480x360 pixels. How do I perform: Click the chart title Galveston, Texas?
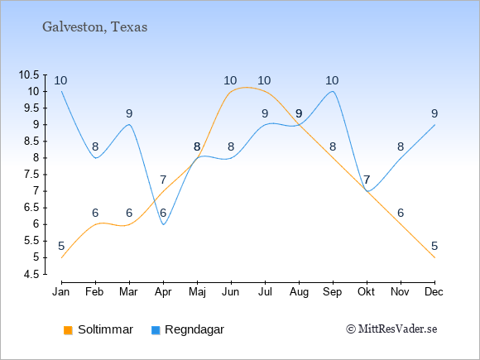coord(94,27)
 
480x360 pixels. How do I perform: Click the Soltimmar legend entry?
coord(98,329)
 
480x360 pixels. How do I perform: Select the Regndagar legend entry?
coord(188,329)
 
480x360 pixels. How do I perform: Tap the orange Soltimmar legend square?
coord(68,330)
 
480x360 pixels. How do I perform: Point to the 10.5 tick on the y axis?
coord(29,74)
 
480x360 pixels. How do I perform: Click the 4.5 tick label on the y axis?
coord(31,274)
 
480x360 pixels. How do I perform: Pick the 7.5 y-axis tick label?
coord(31,175)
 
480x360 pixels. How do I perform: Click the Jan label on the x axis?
coord(61,292)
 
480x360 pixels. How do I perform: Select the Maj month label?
coord(197,292)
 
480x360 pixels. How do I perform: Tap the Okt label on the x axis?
coord(366,292)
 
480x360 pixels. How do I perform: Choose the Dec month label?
coord(434,292)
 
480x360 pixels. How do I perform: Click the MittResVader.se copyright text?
coord(391,329)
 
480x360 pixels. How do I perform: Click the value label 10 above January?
coord(60,81)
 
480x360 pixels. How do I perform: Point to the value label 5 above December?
coord(434,246)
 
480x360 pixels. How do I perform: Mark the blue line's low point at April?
coord(164,224)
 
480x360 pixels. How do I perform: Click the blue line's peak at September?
coord(333,91)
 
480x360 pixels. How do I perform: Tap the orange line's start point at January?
coord(61,257)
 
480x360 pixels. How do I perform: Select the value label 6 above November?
coord(401,213)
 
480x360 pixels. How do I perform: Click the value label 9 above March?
coord(129,114)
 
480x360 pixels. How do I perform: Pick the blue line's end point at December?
coord(434,125)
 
